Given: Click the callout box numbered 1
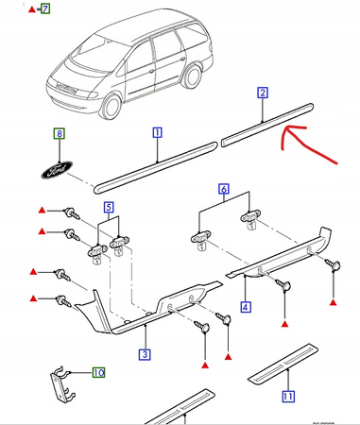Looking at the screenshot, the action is pos(157,132).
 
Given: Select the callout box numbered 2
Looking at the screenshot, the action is pos(263,93).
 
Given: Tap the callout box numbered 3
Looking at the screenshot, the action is pos(145,354).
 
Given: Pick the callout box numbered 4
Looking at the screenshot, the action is pos(246,307).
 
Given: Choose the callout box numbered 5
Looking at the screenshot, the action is pos(109,208).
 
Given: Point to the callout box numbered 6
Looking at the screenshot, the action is pos(223,189).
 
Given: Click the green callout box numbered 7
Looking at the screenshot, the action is pos(45,8).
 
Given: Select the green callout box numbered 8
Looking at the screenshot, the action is pos(60,134).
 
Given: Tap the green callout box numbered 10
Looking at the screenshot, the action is pos(98,373).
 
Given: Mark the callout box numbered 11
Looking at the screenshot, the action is pos(287,397).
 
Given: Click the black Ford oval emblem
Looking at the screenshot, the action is pos(57,170).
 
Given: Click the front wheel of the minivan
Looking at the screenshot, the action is pos(111,106).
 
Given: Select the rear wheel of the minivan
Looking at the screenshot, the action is pos(192,76).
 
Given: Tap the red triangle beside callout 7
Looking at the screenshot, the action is pos(32,9).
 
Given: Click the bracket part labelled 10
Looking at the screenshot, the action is pos(62,385).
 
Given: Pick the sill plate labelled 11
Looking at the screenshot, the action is pos(283,364).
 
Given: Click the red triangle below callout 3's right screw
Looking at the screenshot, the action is pos(229,357).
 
